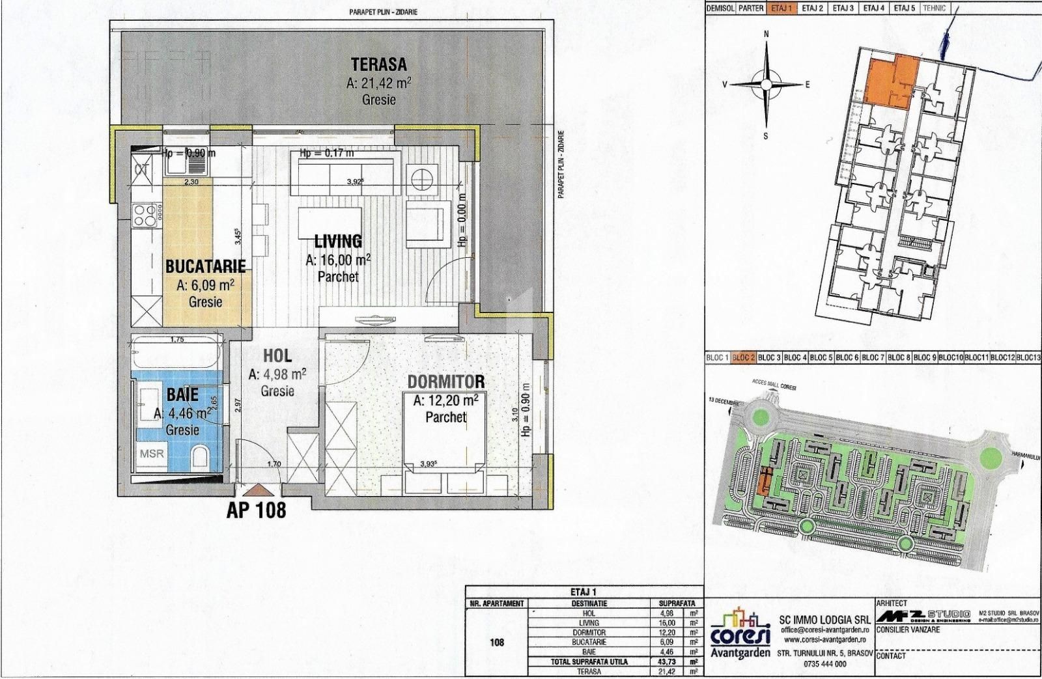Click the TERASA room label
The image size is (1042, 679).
379,64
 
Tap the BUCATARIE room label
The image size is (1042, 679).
205,266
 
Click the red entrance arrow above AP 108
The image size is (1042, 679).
256,490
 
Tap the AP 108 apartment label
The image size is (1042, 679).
256,510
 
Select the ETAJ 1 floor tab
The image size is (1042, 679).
783,8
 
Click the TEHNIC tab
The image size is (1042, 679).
933,8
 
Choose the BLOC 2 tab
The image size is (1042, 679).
743,357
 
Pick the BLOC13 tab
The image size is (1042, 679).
1028,357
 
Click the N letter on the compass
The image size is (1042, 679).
767,34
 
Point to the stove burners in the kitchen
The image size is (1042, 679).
147,214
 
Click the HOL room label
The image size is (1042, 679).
277,355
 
